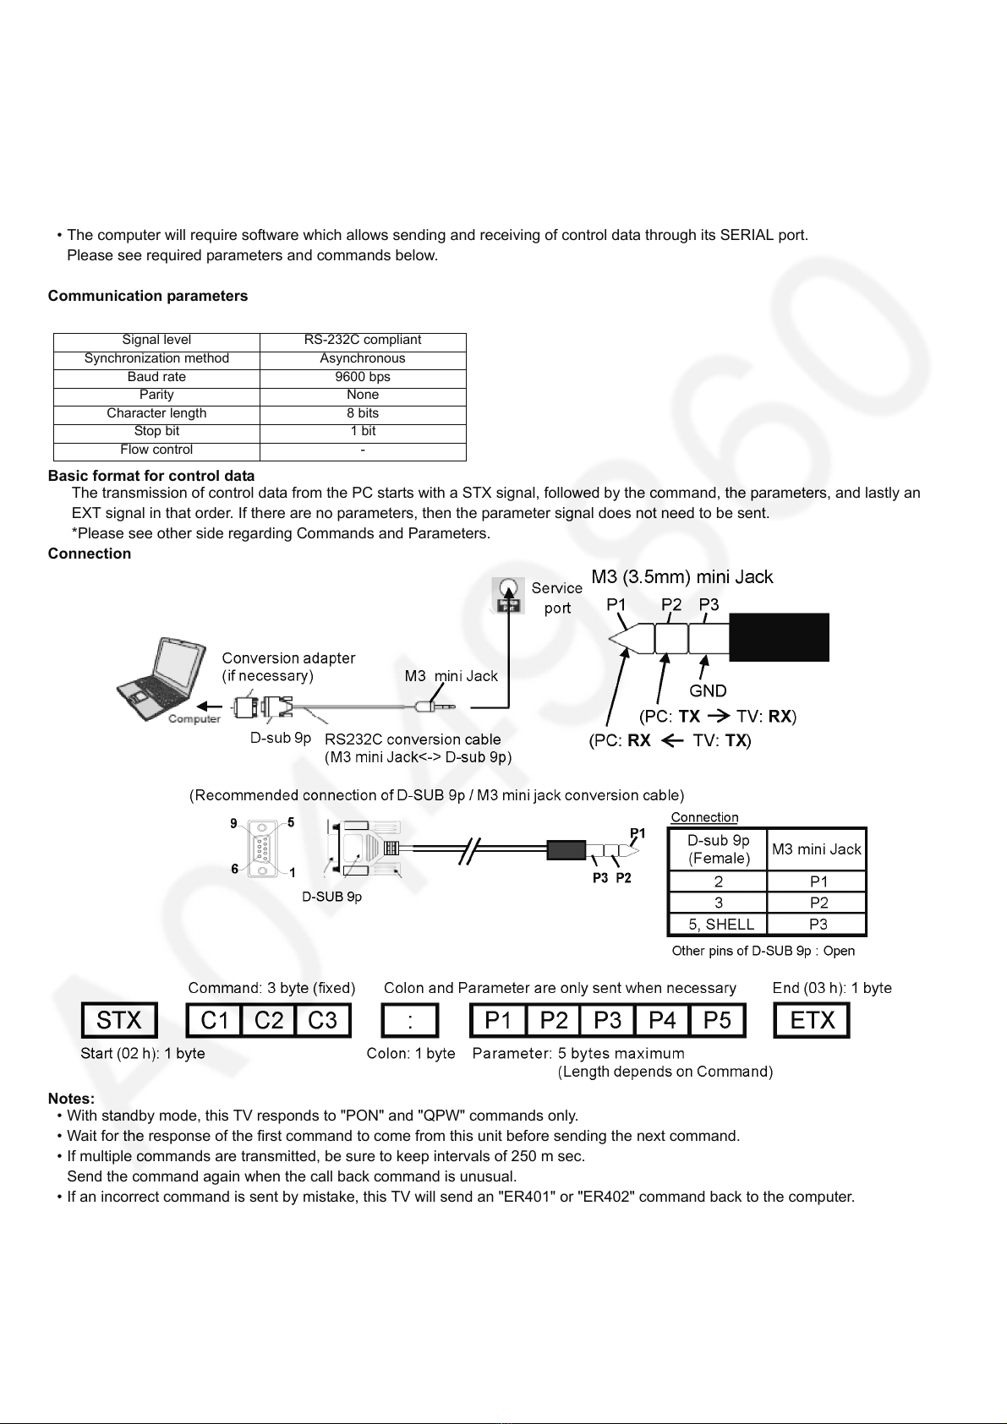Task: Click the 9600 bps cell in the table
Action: tap(363, 377)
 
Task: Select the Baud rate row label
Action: tap(156, 377)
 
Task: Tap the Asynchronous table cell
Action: tap(363, 358)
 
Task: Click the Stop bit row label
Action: tap(156, 431)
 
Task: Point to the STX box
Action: tap(119, 1020)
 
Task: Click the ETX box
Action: tap(812, 1020)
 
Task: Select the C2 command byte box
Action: tap(268, 1020)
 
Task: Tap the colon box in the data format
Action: tap(410, 1020)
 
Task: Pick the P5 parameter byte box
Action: tap(717, 1020)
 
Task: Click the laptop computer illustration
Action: tap(161, 679)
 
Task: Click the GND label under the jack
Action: tap(708, 691)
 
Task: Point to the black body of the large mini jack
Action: tap(780, 637)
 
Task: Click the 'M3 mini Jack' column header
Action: tap(817, 849)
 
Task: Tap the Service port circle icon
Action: tap(508, 588)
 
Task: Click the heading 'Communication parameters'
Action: tap(148, 297)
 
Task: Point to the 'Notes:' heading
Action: tap(71, 1099)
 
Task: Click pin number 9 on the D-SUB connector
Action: tap(233, 823)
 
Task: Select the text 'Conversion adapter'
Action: tap(288, 658)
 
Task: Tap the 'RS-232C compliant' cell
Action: tap(363, 340)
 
